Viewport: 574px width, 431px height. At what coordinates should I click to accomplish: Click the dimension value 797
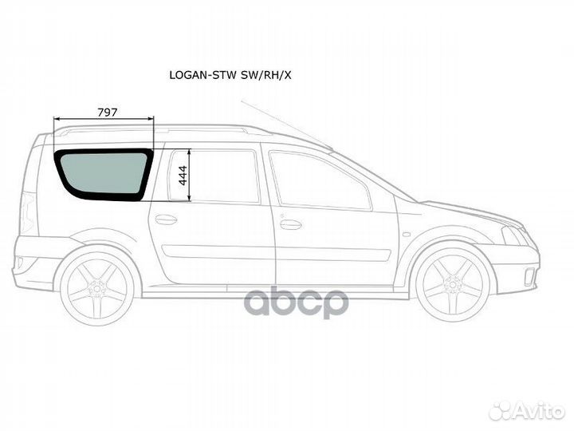click(108, 113)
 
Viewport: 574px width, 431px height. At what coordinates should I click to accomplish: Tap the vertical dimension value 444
click(183, 175)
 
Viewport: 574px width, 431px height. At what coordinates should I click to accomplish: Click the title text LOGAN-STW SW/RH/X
click(230, 75)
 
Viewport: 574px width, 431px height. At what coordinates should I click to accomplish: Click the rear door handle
click(166, 219)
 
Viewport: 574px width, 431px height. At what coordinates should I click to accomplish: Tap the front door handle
click(290, 224)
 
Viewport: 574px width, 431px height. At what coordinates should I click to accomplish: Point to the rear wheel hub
click(96, 287)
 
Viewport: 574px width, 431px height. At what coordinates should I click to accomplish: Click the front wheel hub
click(453, 283)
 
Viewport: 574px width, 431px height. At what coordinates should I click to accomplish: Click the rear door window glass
click(214, 176)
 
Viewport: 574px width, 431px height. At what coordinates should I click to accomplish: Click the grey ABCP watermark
click(297, 302)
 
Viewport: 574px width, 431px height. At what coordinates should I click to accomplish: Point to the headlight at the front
click(514, 235)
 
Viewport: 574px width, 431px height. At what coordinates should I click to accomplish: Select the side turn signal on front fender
click(406, 234)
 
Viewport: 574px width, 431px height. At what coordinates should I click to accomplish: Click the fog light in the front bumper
click(529, 277)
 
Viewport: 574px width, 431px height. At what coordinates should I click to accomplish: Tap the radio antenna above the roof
click(286, 125)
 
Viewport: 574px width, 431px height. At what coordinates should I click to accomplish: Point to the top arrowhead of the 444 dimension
click(189, 152)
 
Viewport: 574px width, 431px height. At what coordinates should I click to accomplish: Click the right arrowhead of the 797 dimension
click(151, 118)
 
